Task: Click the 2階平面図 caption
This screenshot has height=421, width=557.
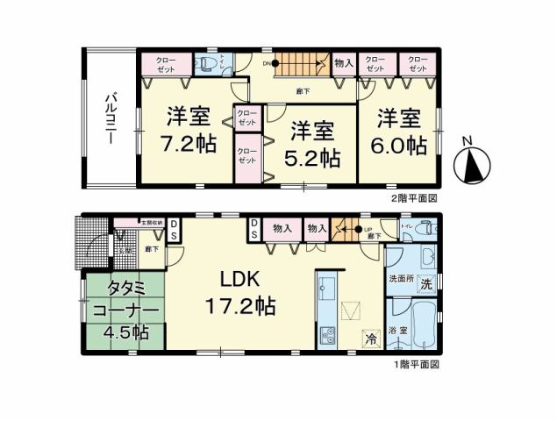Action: [x=414, y=198]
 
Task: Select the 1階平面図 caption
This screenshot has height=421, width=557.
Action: [x=415, y=363]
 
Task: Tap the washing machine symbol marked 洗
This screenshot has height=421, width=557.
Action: [x=424, y=285]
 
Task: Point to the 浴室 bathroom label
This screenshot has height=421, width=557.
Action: [x=397, y=330]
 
